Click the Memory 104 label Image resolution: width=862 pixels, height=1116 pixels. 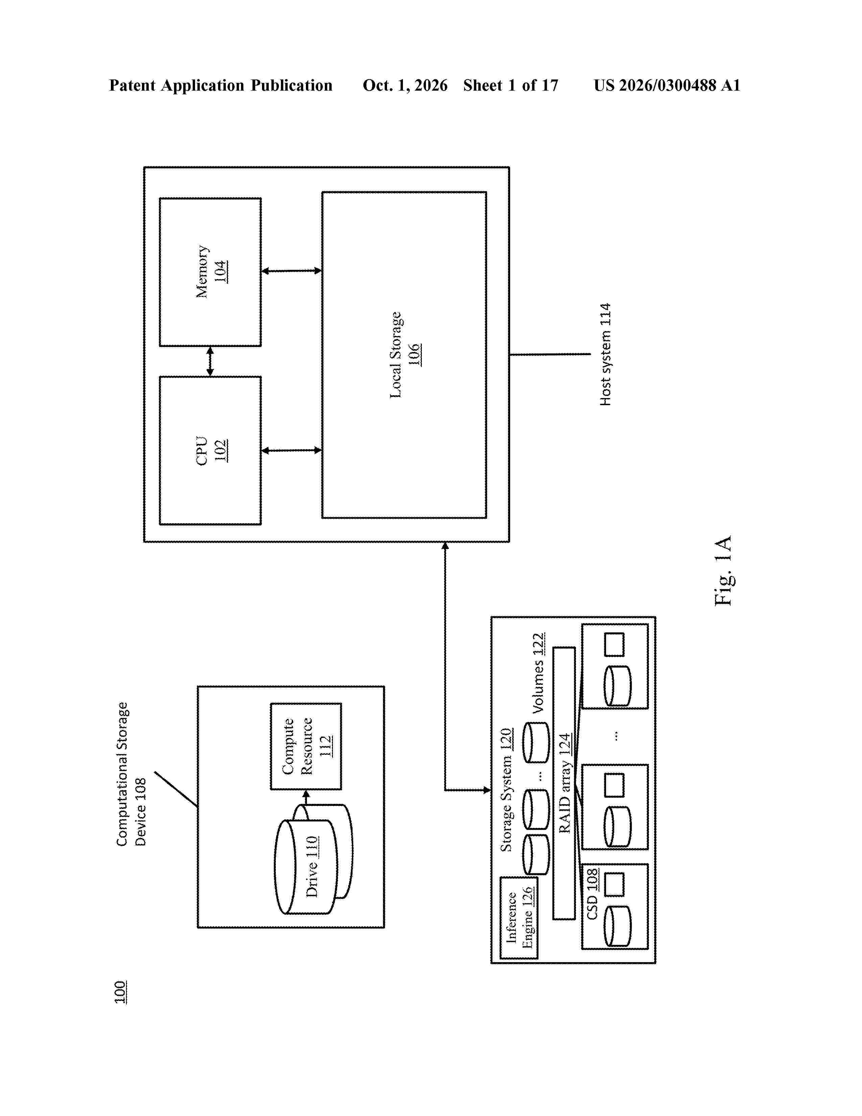[x=211, y=271]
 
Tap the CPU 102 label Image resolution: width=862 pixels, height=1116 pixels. [x=211, y=450]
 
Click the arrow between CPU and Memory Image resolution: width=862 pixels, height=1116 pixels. [x=210, y=361]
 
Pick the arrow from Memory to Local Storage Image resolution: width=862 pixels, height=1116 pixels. [x=292, y=271]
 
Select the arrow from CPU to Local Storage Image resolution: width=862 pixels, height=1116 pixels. [x=292, y=450]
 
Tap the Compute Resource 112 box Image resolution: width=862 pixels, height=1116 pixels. [x=306, y=746]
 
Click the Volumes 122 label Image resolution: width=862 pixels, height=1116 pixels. [x=538, y=673]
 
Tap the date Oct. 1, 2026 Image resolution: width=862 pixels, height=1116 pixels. [x=405, y=85]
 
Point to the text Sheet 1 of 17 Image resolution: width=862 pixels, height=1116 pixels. [x=511, y=85]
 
